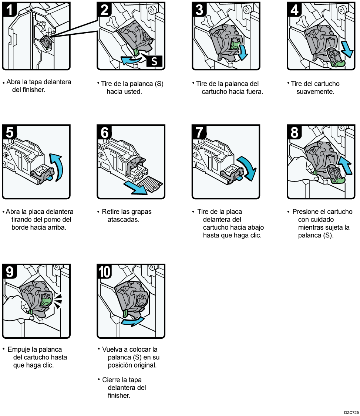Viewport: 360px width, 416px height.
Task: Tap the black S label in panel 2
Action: click(154, 61)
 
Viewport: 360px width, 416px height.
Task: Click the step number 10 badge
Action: click(105, 272)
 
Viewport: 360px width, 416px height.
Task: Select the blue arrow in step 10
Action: click(132, 321)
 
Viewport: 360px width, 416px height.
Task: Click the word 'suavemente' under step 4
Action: click(315, 92)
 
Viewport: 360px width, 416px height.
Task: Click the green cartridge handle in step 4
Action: click(338, 65)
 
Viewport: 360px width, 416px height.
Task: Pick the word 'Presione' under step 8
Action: click(304, 212)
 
